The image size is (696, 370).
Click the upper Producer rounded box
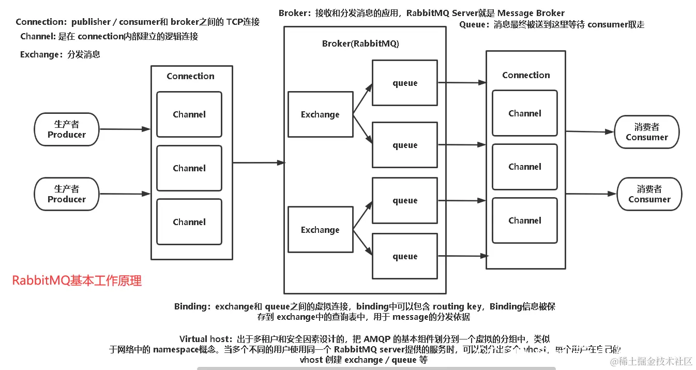67,129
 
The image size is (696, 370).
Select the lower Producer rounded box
67,194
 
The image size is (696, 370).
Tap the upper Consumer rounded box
646,132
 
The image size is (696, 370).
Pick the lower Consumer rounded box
649,195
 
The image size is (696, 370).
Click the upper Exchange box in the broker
320,114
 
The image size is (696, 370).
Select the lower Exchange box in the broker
320,230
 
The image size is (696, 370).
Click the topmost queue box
404,83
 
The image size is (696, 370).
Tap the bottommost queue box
404,256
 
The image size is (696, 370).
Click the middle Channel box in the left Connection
189,168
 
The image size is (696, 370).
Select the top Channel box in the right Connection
524,113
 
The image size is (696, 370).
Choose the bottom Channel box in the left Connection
189,222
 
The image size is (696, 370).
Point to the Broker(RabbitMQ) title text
360,44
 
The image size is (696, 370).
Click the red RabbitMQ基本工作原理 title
77,281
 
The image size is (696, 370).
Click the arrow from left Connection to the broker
259,162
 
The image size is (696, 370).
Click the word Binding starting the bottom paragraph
190,306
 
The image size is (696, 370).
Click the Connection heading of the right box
526,75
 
